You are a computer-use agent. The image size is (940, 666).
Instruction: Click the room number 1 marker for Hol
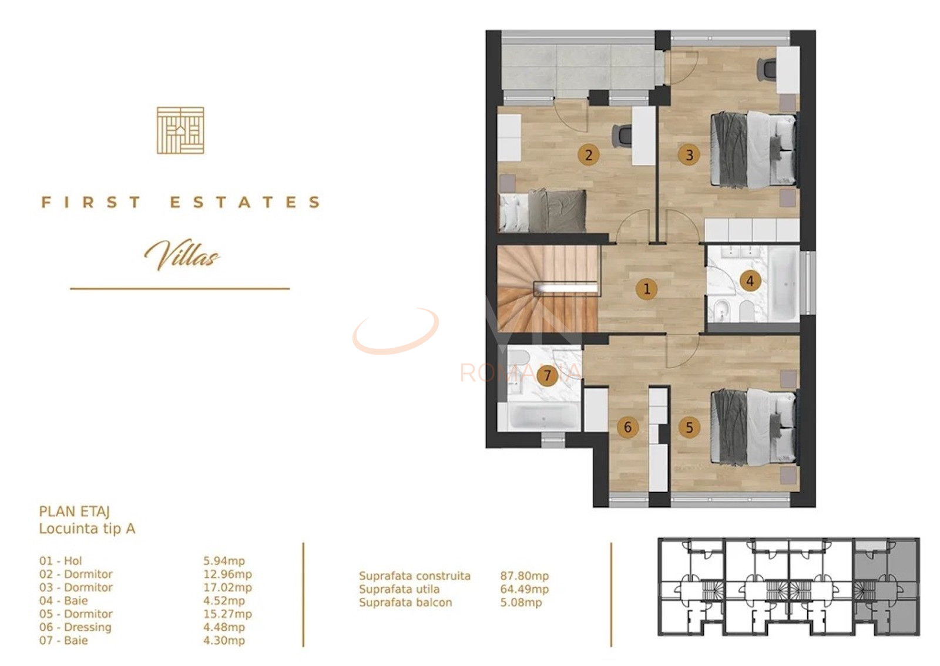point(646,289)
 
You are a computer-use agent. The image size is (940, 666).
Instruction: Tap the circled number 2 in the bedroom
point(588,155)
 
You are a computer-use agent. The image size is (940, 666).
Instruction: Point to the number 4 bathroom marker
point(749,281)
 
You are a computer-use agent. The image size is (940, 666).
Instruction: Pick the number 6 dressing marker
point(627,428)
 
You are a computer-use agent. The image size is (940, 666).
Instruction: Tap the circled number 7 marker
point(547,375)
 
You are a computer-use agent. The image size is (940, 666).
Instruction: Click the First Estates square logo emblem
point(180,130)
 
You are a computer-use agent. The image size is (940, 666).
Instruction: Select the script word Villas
point(182,255)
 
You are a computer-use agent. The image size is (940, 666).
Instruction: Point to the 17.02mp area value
point(227,587)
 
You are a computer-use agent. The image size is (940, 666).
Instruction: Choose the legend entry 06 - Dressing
point(75,627)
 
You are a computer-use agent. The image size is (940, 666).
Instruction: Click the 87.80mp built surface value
point(525,576)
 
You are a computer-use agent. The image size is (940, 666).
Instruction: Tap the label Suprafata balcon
point(405,603)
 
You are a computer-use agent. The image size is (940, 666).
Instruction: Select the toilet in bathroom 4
point(746,311)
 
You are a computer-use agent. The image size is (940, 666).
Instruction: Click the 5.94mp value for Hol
point(224,561)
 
